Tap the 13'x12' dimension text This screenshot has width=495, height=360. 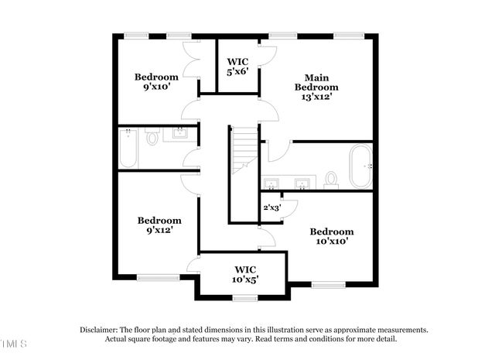[316, 98]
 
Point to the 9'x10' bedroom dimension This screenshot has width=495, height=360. [156, 87]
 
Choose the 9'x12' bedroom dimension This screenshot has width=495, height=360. [159, 230]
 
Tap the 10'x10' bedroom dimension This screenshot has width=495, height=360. [331, 241]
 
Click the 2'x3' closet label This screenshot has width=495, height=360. [271, 207]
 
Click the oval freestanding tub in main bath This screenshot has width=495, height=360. [360, 166]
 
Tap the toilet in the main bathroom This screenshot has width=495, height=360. [331, 179]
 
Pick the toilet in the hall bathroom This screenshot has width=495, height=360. [152, 139]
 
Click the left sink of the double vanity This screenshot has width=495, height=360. [271, 184]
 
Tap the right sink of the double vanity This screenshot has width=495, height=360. [301, 184]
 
